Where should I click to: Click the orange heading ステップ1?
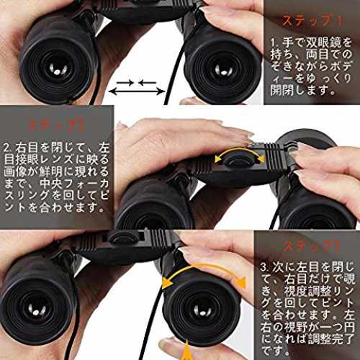[312, 21]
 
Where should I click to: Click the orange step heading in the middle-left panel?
[56, 125]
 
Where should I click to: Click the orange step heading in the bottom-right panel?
[312, 246]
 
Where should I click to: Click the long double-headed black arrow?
[137, 91]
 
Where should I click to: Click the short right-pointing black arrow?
[125, 83]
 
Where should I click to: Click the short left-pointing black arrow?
[147, 83]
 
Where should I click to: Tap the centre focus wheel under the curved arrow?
[238, 161]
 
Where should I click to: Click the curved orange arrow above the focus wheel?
[239, 150]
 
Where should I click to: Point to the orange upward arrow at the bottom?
[186, 351]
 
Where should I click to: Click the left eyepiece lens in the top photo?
[57, 70]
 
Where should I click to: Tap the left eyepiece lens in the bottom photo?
[37, 310]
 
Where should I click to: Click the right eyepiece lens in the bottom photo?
[202, 312]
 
